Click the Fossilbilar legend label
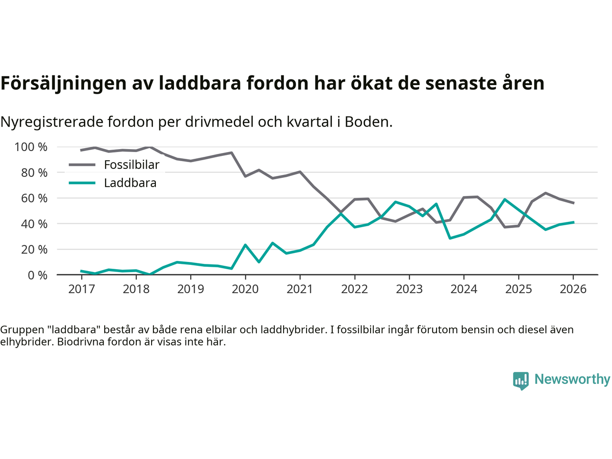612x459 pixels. (x=131, y=165)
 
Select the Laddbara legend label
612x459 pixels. (x=130, y=183)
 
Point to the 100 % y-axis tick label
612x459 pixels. (x=31, y=147)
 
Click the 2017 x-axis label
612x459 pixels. (x=81, y=289)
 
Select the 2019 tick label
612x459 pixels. (x=191, y=289)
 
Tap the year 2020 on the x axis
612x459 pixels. (x=245, y=289)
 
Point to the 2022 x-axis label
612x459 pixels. (x=354, y=289)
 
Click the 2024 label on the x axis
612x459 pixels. (x=464, y=289)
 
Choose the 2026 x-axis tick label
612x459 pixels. (x=573, y=289)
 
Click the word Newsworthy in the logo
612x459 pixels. (x=572, y=379)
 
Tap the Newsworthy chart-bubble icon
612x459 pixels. (x=521, y=381)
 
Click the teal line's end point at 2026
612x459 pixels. (x=573, y=222)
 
